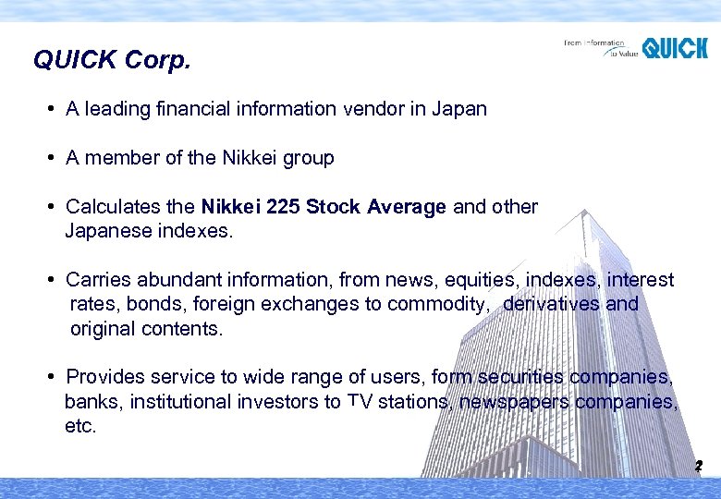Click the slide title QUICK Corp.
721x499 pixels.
(x=112, y=61)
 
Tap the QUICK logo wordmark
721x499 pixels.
(x=675, y=48)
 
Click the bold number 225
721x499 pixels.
(x=282, y=207)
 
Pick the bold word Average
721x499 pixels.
(x=407, y=207)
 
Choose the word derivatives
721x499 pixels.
(x=552, y=304)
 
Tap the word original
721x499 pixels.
(x=103, y=329)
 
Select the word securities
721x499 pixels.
(x=519, y=377)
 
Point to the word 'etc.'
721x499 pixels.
(x=80, y=426)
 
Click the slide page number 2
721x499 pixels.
(x=699, y=467)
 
